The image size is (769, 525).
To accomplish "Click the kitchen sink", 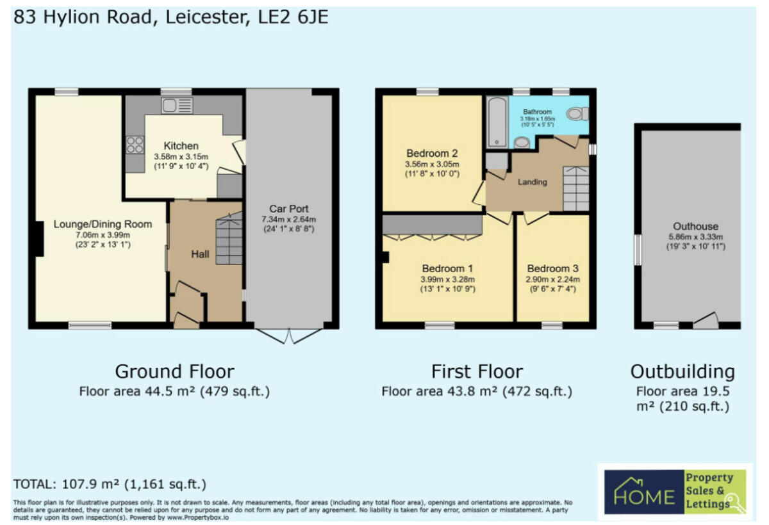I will coord(177,106).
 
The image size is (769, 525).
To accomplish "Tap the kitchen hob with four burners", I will coord(135,145).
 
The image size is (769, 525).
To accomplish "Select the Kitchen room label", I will coord(181,146).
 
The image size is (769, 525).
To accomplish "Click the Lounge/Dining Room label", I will coord(103,224).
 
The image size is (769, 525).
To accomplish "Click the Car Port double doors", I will coord(292,335).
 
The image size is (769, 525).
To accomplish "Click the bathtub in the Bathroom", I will coord(497,122).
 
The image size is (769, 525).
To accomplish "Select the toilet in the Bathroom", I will coord(579,114).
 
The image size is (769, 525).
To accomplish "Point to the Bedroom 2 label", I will coord(432,154).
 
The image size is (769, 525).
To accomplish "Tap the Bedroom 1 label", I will coord(447,268).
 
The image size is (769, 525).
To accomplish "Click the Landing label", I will coord(533,182).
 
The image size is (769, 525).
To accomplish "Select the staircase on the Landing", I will coord(575,188).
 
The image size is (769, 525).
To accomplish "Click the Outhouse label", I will coord(695,226).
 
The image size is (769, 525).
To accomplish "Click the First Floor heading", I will coord(477,371).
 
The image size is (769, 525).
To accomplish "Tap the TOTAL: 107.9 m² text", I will coord(110,484).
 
